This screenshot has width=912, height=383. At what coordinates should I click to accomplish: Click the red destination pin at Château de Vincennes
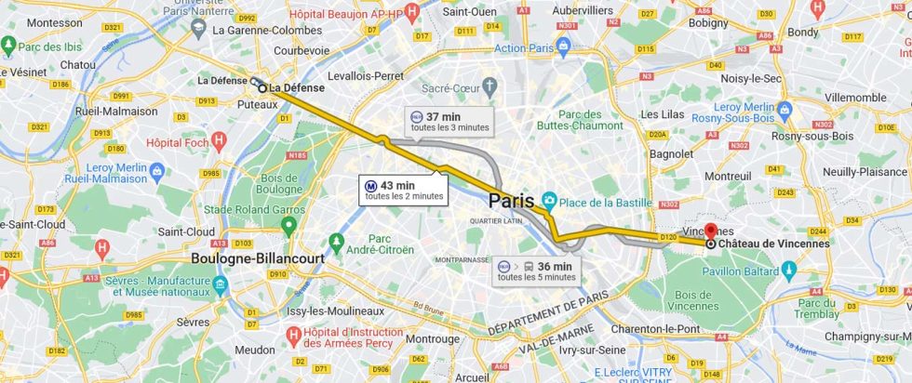(712, 231)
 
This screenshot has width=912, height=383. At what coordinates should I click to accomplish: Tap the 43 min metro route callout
(404, 190)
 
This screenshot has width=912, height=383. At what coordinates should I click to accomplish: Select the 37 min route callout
(447, 121)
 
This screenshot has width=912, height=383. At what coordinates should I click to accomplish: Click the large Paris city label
(512, 201)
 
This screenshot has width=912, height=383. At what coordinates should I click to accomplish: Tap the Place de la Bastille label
(604, 204)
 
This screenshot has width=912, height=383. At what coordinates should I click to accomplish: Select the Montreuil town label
(728, 176)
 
